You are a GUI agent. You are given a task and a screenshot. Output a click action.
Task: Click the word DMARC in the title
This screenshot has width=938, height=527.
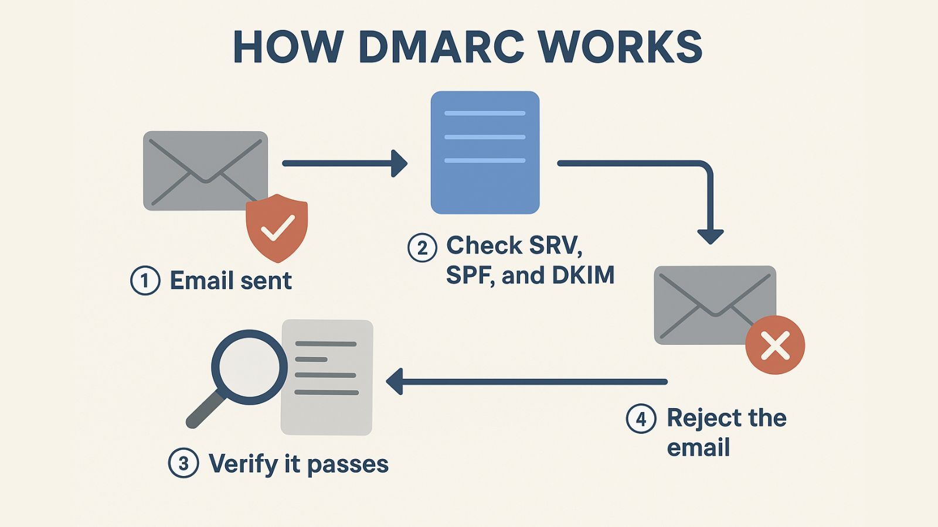tap(441, 47)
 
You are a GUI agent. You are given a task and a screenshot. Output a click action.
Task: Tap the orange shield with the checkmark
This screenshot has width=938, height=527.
tap(277, 227)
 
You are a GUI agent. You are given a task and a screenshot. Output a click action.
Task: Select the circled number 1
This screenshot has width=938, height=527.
tap(145, 280)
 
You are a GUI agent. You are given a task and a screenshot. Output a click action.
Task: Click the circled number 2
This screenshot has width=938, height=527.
tap(422, 247)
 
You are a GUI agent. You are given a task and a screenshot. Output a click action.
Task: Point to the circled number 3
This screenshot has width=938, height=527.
tap(183, 464)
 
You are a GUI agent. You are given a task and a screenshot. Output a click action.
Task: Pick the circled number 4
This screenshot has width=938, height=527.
tap(641, 419)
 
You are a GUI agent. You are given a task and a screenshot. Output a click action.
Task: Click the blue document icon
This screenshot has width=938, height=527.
tap(485, 152)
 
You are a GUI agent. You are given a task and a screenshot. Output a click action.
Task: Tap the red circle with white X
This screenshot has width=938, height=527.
tap(775, 345)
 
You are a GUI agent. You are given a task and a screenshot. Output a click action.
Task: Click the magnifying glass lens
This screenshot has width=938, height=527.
tap(249, 367)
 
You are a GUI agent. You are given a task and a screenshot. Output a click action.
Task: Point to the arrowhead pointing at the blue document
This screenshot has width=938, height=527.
tap(400, 163)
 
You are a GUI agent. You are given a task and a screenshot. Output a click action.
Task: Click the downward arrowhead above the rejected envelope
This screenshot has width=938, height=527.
tap(710, 236)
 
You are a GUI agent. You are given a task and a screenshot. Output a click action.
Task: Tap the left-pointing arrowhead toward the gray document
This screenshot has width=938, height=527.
tap(395, 382)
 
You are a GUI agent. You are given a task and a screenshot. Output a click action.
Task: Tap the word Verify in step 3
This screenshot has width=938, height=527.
tap(243, 464)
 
